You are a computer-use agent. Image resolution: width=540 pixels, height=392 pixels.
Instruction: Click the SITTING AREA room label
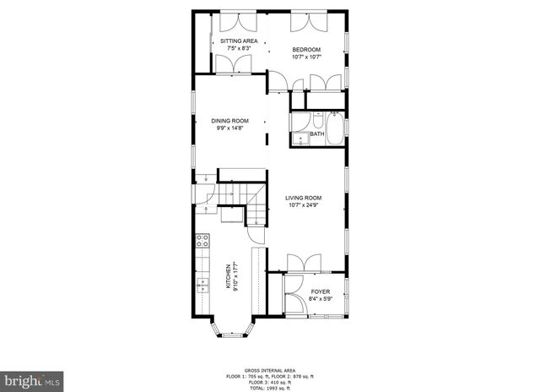(239, 41)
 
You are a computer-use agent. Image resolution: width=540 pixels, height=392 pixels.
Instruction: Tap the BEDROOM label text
(305, 50)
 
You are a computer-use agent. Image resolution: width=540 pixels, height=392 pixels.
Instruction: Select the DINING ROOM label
(229, 121)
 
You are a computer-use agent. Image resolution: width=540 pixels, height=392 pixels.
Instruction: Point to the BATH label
(316, 134)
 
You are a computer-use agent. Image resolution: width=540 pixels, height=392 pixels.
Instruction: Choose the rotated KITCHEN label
(226, 277)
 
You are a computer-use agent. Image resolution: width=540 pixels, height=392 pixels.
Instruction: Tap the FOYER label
(321, 291)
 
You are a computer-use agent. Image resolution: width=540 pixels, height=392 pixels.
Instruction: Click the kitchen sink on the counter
(202, 285)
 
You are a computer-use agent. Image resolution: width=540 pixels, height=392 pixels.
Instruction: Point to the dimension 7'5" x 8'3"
(239, 47)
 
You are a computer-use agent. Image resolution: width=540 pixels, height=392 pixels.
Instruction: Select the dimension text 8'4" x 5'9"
(321, 297)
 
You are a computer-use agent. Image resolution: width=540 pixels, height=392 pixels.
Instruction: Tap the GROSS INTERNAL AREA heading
(269, 370)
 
